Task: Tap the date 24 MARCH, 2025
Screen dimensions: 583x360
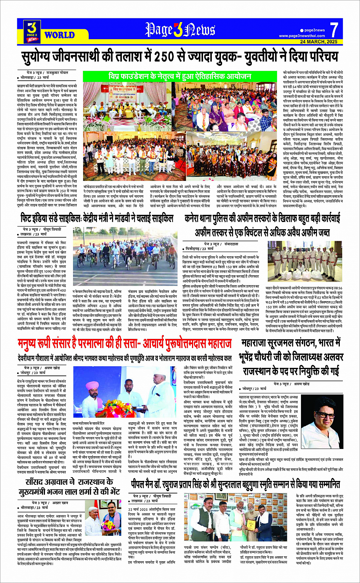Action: (318, 42)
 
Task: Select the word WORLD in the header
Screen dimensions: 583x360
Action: (59, 35)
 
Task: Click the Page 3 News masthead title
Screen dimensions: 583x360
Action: (180, 30)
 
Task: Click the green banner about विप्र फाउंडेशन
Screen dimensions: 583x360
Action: (180, 76)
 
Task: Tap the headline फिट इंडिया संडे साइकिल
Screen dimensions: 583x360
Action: (97, 219)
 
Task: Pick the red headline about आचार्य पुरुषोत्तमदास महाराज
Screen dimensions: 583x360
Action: (124, 344)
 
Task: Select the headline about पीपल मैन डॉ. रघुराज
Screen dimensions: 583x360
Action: (235, 484)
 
